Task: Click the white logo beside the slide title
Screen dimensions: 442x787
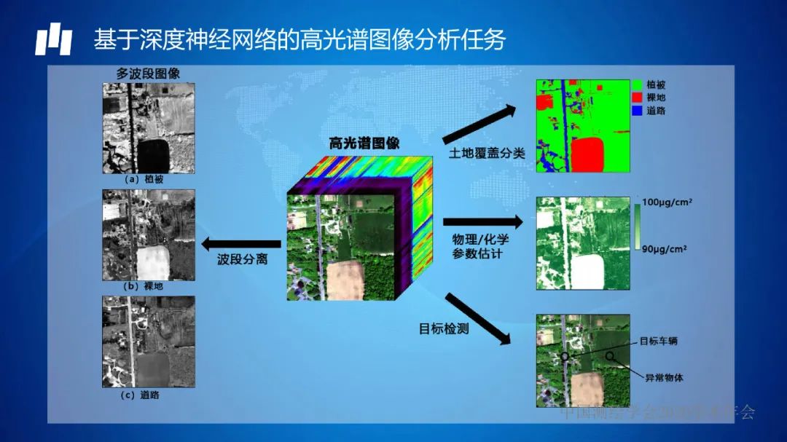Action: [x=54, y=40]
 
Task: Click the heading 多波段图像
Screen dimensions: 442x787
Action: [x=148, y=74]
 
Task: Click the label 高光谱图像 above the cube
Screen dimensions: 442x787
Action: [x=364, y=143]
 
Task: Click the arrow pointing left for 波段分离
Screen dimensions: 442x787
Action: [x=241, y=244]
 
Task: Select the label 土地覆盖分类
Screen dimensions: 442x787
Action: [x=487, y=154]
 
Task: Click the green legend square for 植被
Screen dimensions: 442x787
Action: [x=638, y=84]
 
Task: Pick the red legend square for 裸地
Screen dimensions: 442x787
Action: [x=638, y=98]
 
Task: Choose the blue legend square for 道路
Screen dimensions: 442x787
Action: [x=638, y=111]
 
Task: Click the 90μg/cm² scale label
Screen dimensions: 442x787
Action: [x=665, y=249]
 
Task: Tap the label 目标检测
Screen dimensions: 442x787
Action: [x=444, y=328]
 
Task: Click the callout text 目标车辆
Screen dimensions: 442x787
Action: [x=659, y=341]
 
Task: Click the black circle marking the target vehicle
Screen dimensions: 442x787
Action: [x=564, y=356]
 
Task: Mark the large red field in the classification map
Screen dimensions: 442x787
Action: [x=587, y=154]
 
